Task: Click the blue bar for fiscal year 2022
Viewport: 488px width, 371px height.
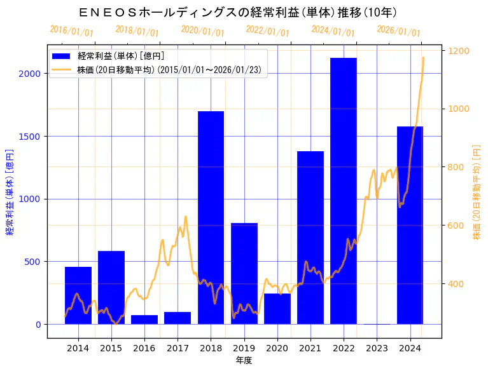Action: pos(344,191)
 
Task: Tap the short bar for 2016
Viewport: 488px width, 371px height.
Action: pos(144,320)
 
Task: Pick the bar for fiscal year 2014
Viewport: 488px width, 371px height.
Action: pos(78,295)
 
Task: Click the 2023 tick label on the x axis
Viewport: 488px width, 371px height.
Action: pos(377,348)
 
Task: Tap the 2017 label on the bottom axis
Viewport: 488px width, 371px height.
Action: pos(178,348)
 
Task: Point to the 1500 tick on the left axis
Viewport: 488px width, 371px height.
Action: pos(32,137)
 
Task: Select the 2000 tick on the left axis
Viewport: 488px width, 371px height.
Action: pos(32,74)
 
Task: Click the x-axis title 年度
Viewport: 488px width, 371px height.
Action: pos(244,360)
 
